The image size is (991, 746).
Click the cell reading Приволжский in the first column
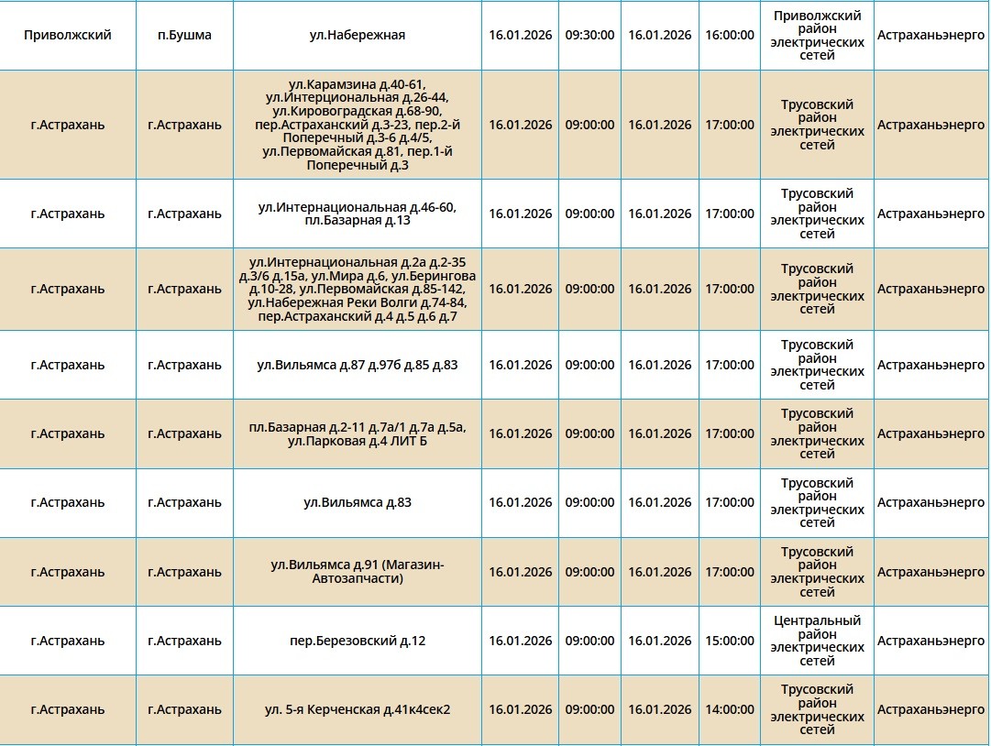point(68,35)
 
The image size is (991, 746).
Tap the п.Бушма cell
point(184,35)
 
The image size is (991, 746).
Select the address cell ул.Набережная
point(358,35)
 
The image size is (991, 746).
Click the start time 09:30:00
point(589,35)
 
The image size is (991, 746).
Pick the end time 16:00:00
point(730,35)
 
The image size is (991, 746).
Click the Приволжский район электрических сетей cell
point(817,35)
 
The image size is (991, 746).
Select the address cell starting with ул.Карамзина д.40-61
point(358,125)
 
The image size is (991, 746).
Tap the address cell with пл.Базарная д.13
point(358,214)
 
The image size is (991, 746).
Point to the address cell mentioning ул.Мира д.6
point(358,289)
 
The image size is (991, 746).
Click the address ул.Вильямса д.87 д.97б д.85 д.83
point(358,365)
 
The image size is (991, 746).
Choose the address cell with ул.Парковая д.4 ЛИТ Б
point(358,433)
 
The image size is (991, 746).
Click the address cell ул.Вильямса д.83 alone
point(358,502)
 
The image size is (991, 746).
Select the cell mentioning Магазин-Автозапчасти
point(358,572)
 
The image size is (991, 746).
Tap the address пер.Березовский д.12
point(358,641)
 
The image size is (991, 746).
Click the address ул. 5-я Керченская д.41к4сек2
point(358,709)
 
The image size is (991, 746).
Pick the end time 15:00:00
point(730,641)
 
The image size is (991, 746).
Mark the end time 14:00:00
point(730,709)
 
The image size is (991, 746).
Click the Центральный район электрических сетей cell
point(817,641)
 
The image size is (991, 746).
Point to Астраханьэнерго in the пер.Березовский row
point(930,641)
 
